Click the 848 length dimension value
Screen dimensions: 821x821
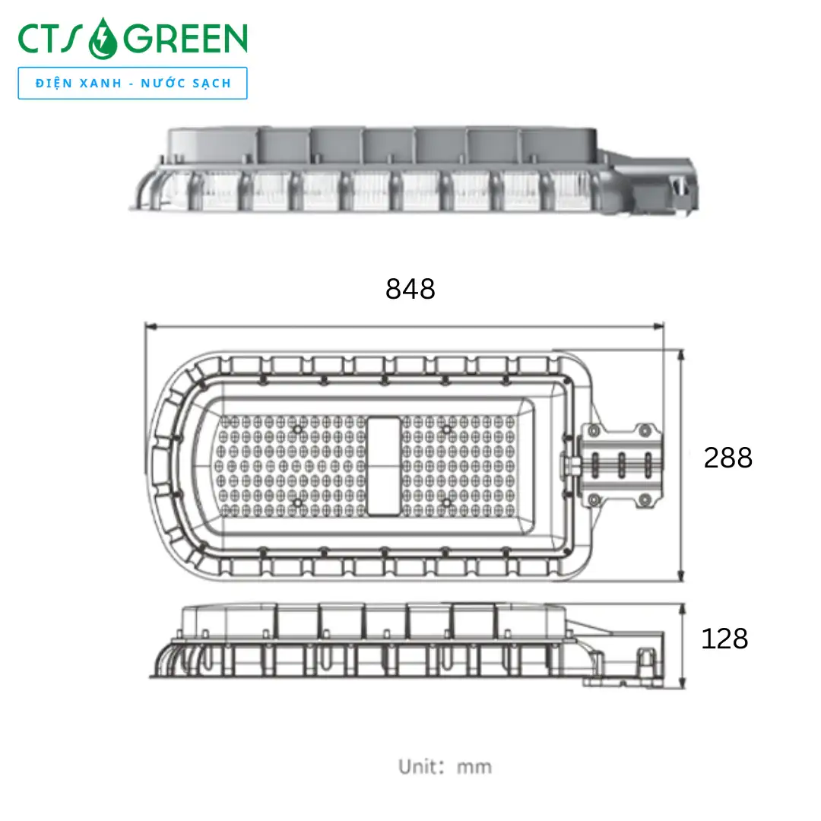click(410, 289)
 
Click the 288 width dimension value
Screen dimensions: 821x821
click(727, 458)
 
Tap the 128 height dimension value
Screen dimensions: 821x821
click(724, 639)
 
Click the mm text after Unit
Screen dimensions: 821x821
click(474, 768)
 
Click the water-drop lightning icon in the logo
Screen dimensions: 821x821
click(103, 39)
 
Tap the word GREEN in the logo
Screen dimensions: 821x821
click(185, 39)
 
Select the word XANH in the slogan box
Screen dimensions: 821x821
click(100, 84)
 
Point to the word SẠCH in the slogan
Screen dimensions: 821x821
click(211, 84)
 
